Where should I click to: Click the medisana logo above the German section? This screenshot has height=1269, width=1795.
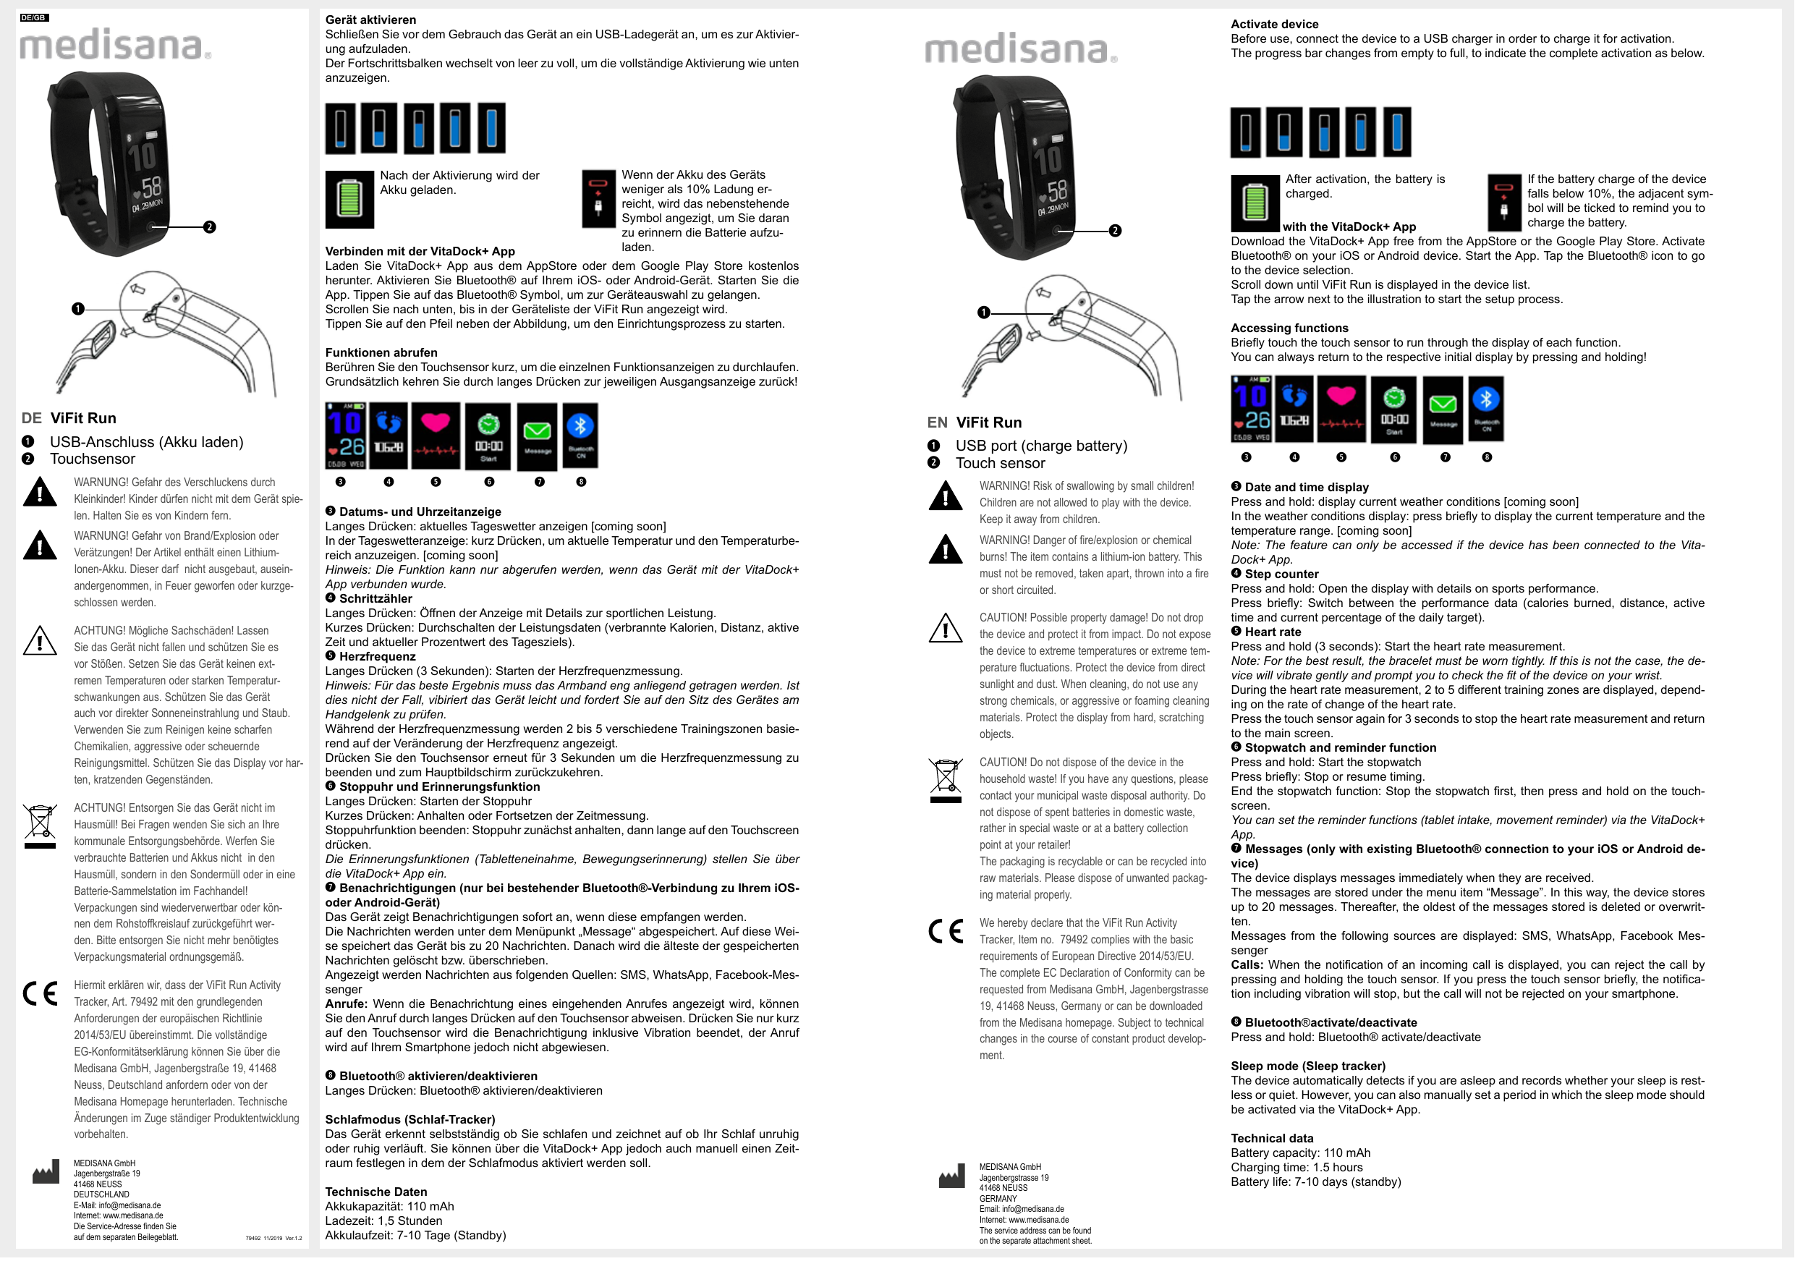pyautogui.click(x=114, y=46)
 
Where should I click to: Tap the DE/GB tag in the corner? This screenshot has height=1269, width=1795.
pyautogui.click(x=33, y=17)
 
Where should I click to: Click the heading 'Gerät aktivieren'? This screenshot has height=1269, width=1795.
pyautogui.click(x=370, y=20)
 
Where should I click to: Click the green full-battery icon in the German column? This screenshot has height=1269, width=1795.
pyautogui.click(x=349, y=200)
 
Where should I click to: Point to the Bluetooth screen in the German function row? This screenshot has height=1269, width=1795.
pyautogui.click(x=581, y=436)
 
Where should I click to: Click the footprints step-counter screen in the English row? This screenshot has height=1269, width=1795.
pyautogui.click(x=1294, y=408)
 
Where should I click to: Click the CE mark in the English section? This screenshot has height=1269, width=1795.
pyautogui.click(x=946, y=931)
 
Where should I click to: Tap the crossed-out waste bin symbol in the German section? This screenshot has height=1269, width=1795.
pyautogui.click(x=40, y=826)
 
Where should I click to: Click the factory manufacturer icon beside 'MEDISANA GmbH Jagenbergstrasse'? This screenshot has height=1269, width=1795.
pyautogui.click(x=951, y=1176)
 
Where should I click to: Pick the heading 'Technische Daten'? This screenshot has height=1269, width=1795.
pyautogui.click(x=376, y=1192)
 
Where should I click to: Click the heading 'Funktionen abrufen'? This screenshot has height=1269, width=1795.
pyautogui.click(x=381, y=352)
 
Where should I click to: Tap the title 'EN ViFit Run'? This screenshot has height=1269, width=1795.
pyautogui.click(x=974, y=423)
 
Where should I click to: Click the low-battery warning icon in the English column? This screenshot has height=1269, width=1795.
pyautogui.click(x=1504, y=202)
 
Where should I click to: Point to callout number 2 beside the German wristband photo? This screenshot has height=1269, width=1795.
pyautogui.click(x=210, y=227)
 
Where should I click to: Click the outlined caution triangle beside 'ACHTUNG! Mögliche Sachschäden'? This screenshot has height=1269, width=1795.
pyautogui.click(x=40, y=641)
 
